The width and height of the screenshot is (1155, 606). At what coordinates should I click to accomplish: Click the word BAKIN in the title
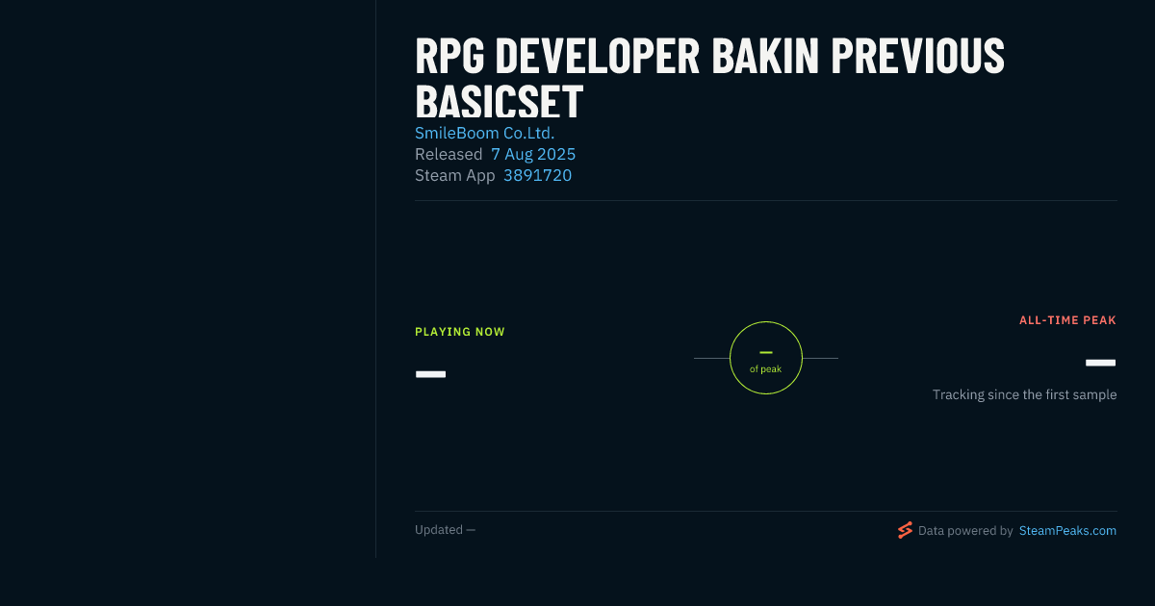[x=765, y=56]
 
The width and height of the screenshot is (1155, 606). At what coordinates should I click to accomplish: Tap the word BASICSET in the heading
[x=500, y=102]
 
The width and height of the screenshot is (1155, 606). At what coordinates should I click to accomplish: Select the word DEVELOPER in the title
[x=597, y=56]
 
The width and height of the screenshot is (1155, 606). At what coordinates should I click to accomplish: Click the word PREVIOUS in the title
[x=918, y=56]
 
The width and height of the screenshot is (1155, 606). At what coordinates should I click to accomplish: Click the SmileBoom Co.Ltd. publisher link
[x=485, y=133]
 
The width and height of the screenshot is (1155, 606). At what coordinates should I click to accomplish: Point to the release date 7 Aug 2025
[x=533, y=154]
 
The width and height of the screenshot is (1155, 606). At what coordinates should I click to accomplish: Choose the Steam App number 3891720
[x=537, y=175]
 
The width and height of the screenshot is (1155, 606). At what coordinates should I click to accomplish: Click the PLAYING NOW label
[x=460, y=332]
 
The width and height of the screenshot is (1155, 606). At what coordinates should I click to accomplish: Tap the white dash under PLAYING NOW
[x=430, y=374]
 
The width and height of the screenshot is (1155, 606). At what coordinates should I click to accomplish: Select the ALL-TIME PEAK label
[x=1067, y=320]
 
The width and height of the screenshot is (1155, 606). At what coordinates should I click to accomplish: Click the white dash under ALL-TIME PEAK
[x=1100, y=363]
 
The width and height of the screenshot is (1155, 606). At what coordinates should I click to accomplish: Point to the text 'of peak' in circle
[x=766, y=369]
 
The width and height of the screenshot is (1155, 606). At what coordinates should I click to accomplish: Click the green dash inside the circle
[x=766, y=352]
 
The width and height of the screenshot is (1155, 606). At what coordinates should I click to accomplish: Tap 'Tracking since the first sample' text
[x=1024, y=394]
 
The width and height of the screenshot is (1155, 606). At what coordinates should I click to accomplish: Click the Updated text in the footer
[x=439, y=530]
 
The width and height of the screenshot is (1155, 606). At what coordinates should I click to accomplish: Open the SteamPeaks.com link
[x=1067, y=531]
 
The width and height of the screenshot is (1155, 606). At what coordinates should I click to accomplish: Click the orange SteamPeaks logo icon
[x=905, y=530]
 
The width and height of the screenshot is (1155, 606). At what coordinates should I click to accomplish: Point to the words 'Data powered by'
[x=965, y=531]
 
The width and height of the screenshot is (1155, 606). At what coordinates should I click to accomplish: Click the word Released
[x=449, y=154]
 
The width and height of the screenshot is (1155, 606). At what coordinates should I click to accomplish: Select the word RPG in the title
[x=449, y=56]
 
